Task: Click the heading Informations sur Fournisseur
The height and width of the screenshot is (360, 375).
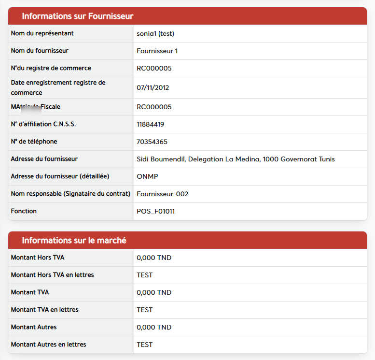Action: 78,16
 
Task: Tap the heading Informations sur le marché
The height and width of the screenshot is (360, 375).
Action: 74,240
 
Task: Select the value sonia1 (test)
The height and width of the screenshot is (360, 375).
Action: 155,33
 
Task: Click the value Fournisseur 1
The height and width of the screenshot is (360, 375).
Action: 157,51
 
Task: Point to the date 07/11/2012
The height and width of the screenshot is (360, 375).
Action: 153,87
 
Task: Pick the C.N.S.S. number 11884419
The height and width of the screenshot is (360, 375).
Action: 151,124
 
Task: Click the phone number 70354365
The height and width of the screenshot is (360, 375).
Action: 152,142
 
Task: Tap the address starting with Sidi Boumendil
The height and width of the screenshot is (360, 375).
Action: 236,159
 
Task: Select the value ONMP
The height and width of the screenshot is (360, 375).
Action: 148,176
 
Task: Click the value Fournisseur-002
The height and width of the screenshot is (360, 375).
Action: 163,194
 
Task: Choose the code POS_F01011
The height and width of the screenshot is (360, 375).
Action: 156,211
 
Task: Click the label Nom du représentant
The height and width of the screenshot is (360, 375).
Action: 42,33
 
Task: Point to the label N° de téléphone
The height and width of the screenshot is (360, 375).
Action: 41,142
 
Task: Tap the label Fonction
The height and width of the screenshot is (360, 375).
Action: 24,211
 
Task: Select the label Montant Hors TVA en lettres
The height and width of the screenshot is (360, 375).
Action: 53,275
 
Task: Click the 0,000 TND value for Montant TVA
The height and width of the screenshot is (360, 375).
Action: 154,292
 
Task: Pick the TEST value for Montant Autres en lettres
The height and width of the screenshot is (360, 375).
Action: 145,345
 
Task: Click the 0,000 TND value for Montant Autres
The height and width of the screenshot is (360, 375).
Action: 154,327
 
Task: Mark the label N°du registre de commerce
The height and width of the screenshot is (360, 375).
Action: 51,68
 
